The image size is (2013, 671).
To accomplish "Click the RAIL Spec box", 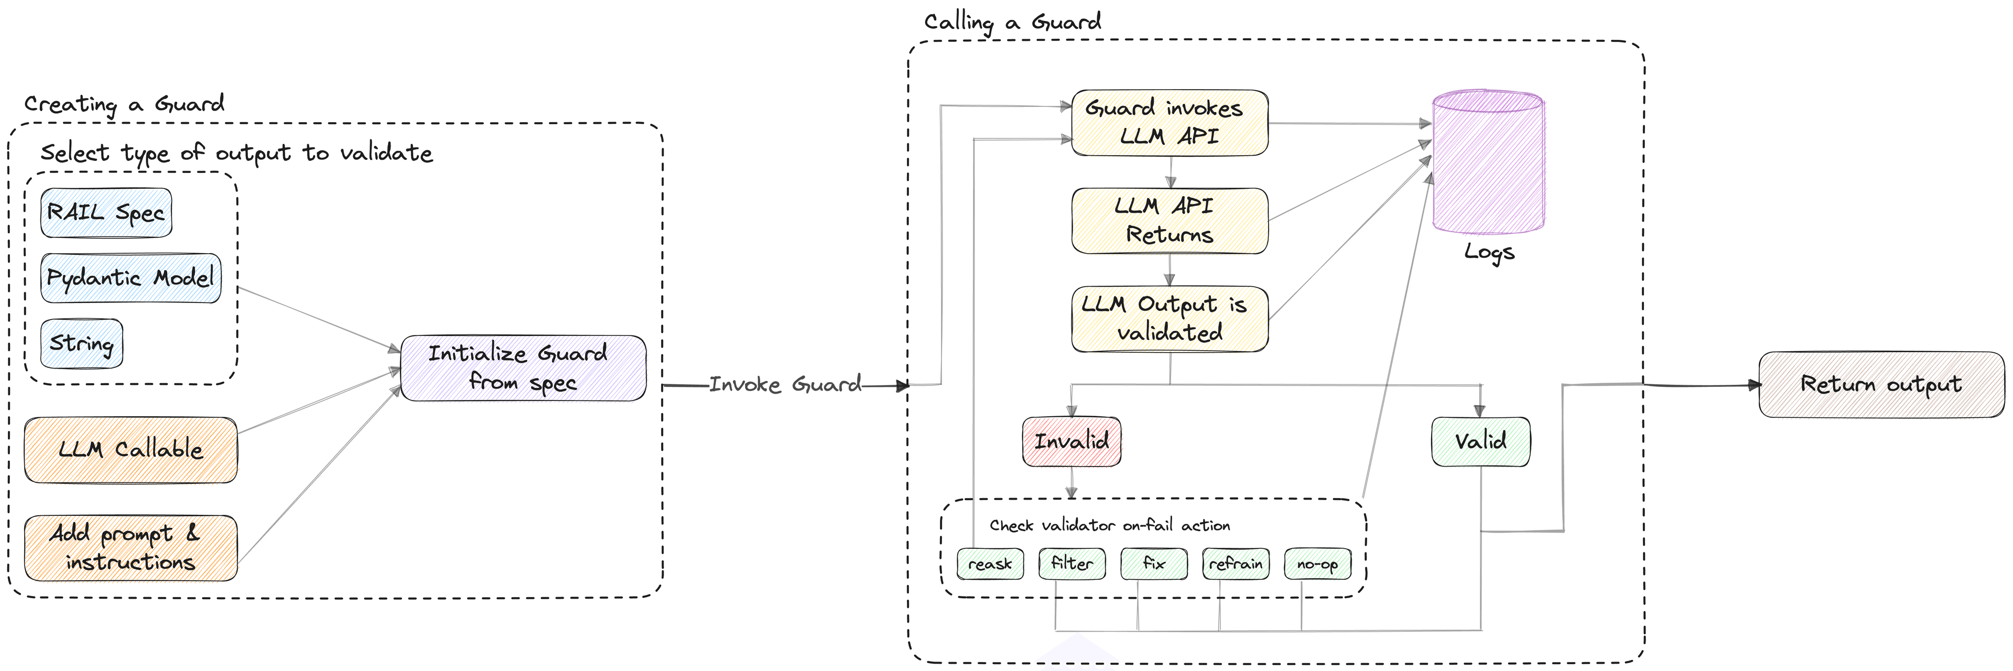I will coord(106,212).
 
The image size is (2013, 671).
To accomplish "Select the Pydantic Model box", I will coord(131,278).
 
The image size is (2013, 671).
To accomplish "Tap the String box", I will coord(81,343).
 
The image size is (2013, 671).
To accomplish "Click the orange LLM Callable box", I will coord(131,450).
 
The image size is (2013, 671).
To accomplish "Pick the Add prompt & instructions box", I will coord(131,548).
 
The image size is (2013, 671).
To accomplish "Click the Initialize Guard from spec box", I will coord(523,368).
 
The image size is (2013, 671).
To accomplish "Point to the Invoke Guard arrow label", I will coord(785,384).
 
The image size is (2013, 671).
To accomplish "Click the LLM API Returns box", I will coord(1169,220).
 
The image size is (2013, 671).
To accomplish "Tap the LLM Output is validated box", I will coord(1169,319).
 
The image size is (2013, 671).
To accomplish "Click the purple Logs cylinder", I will coord(1487,164).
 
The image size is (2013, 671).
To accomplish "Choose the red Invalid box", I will coord(1072,441).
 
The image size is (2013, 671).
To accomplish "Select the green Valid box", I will coord(1480,441).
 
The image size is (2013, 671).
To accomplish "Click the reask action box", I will coord(990,563).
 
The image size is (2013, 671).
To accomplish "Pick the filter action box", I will coord(1072,563).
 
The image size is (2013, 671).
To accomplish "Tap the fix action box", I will coord(1153,563).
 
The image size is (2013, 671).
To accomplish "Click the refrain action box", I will coord(1236,563).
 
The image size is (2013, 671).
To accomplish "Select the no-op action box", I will coord(1317,563).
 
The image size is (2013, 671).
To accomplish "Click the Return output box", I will coord(1881,384).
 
